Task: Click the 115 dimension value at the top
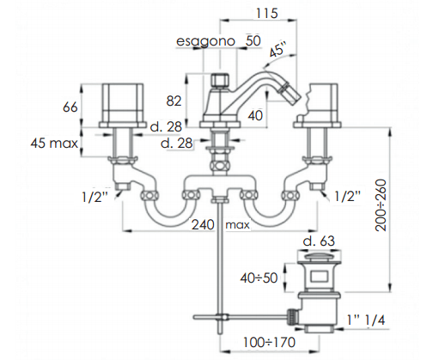tap(266, 13)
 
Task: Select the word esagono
tap(205, 41)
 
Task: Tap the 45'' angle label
tap(277, 51)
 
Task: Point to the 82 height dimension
tap(174, 101)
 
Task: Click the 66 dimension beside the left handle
tap(70, 107)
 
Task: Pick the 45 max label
tap(54, 143)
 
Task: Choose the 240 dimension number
tap(203, 224)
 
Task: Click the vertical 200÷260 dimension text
tap(381, 205)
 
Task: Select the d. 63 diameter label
tap(319, 241)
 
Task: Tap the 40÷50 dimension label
tap(259, 278)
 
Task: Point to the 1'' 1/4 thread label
tap(366, 320)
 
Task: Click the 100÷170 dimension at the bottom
tap(269, 342)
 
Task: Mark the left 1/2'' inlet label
tap(95, 197)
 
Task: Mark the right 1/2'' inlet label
tap(348, 196)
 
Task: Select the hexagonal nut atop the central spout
tap(221, 80)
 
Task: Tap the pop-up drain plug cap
tap(319, 257)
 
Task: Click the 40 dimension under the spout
tap(255, 116)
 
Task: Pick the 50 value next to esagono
tap(253, 40)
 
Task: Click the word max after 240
tap(237, 225)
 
